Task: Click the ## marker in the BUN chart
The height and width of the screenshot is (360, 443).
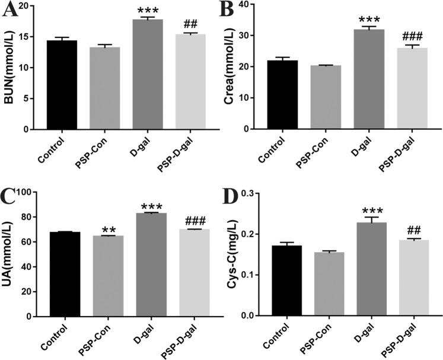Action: [x=191, y=24]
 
